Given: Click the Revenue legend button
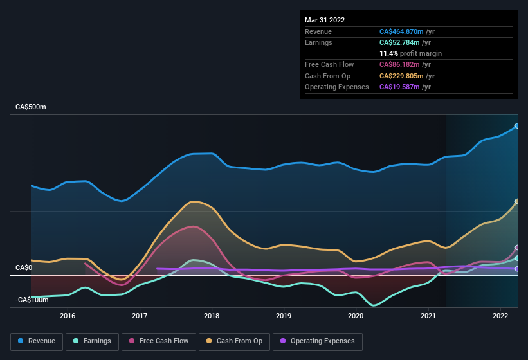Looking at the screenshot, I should tap(37, 341).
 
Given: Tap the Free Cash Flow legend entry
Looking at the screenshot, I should tap(159, 341).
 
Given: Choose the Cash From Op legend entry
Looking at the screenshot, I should tap(234, 341).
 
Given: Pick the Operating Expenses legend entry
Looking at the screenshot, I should tap(318, 341).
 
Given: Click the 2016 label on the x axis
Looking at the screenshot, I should tap(68, 316).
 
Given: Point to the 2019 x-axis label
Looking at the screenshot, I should tap(284, 316).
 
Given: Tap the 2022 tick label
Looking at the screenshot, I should tap(500, 316).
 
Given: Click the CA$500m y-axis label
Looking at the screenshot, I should tap(31, 107).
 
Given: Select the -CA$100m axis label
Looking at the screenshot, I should tap(32, 300).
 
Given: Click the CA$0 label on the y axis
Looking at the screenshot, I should tap(24, 267).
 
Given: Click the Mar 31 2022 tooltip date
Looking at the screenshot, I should tap(325, 20).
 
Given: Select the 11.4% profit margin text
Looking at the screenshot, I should tap(410, 53).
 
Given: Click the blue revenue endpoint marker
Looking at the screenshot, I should tap(517, 126).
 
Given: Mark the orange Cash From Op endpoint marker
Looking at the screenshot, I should tap(517, 202).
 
